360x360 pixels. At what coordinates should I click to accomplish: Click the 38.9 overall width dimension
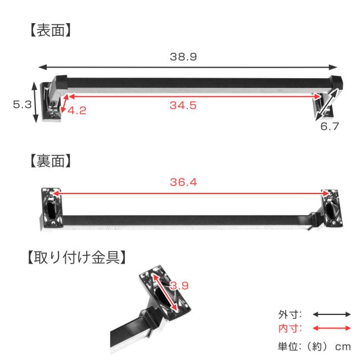pyautogui.click(x=183, y=57)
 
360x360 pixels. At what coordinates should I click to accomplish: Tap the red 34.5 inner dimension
pyautogui.click(x=183, y=105)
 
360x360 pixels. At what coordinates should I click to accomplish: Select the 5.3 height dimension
pyautogui.click(x=22, y=105)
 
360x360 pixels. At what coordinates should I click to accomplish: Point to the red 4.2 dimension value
pyautogui.click(x=77, y=111)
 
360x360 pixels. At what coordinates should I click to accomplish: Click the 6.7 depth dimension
pyautogui.click(x=330, y=126)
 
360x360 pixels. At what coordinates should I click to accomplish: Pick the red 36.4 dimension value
pyautogui.click(x=183, y=182)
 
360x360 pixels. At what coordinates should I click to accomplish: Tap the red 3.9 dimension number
pyautogui.click(x=179, y=286)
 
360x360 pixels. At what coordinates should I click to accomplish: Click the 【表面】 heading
pyautogui.click(x=51, y=30)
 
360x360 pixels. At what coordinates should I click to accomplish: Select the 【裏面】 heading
pyautogui.click(x=51, y=161)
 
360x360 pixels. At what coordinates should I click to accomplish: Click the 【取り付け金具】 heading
pyautogui.click(x=76, y=257)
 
